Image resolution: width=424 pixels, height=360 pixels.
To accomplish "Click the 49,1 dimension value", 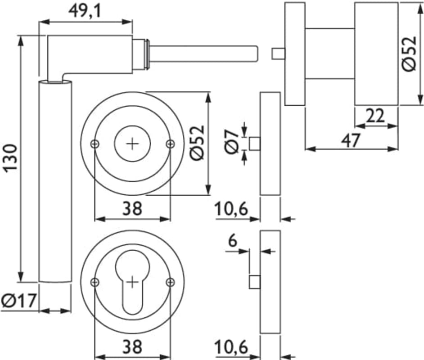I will pyautogui.click(x=86, y=10).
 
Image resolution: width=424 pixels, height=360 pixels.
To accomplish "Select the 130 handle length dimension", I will pyautogui.click(x=10, y=157).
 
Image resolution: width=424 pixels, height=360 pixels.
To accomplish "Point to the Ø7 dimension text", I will pyautogui.click(x=231, y=142).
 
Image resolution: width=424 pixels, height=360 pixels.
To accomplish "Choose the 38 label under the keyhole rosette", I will pyautogui.click(x=132, y=347).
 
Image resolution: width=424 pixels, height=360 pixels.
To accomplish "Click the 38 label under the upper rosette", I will pyautogui.click(x=132, y=208).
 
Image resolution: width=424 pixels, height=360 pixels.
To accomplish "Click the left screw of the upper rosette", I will pyautogui.click(x=95, y=144).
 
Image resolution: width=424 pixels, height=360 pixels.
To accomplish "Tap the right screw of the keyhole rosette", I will pyautogui.click(x=170, y=282).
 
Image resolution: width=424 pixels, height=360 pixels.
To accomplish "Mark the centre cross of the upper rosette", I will pyautogui.click(x=132, y=144).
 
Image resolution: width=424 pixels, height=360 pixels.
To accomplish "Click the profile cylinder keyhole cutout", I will pyautogui.click(x=132, y=279).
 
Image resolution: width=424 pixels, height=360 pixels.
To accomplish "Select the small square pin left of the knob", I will pyautogui.click(x=278, y=54).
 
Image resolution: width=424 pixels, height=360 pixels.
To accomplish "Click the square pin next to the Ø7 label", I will pyautogui.click(x=255, y=144).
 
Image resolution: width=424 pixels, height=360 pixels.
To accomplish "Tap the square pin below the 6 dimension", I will pyautogui.click(x=255, y=282).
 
